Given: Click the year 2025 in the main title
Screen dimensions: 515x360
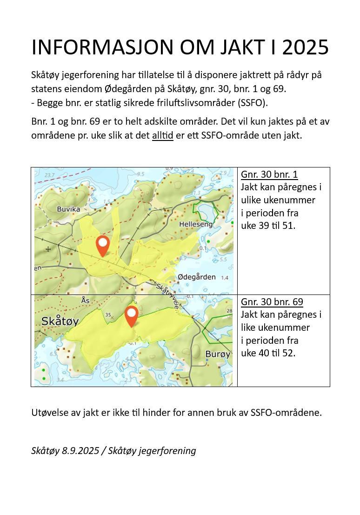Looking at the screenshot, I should pyautogui.click(x=306, y=47).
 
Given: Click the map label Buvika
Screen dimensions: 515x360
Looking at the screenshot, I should pyautogui.click(x=68, y=209).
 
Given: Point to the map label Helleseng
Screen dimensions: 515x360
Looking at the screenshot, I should pyautogui.click(x=195, y=224).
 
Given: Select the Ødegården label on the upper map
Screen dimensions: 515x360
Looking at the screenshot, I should pyautogui.click(x=197, y=277).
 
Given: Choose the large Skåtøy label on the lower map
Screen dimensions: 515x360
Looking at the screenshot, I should pyautogui.click(x=60, y=321).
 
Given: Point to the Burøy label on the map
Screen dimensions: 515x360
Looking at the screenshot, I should pyautogui.click(x=218, y=354).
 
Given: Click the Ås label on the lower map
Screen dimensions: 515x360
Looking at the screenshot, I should pyautogui.click(x=85, y=300).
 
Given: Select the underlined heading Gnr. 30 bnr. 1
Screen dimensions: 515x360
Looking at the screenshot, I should pyautogui.click(x=269, y=174).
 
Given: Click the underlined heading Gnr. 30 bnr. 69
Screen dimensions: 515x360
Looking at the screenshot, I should pyautogui.click(x=272, y=302).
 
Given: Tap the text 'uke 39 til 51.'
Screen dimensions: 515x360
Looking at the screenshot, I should pyautogui.click(x=268, y=226).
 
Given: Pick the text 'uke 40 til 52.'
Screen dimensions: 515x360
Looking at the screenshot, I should pyautogui.click(x=268, y=353).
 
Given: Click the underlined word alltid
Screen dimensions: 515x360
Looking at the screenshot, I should pyautogui.click(x=162, y=135).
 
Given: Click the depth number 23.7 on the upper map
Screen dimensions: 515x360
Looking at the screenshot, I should pyautogui.click(x=47, y=175).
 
